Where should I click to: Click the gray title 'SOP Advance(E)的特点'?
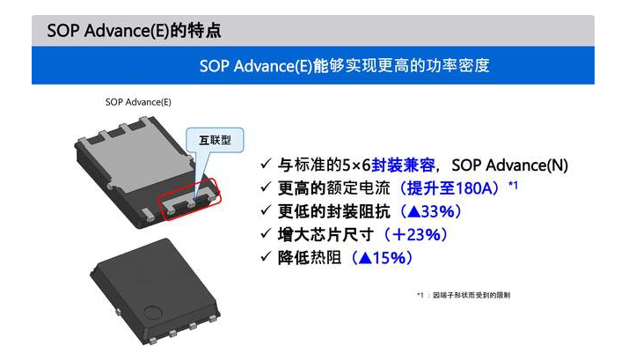(x=134, y=31)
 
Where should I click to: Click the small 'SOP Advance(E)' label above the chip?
(x=138, y=102)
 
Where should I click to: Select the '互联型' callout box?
(x=216, y=140)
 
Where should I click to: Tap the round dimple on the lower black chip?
(x=152, y=311)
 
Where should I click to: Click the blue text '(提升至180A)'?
(x=449, y=188)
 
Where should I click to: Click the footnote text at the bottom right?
(x=463, y=294)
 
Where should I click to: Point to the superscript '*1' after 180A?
(x=513, y=185)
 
